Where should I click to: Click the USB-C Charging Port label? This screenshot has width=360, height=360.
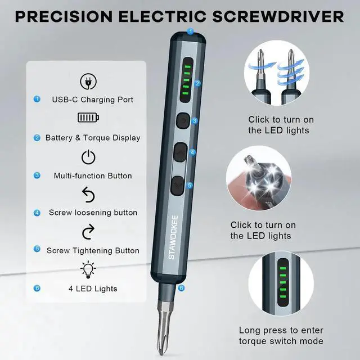tap(93, 100)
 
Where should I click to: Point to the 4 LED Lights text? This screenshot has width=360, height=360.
tap(93, 289)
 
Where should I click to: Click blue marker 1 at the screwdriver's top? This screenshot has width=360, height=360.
tap(190, 31)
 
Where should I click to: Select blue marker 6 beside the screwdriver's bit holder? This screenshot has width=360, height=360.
tap(181, 287)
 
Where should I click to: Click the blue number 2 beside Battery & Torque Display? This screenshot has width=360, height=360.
tap(37, 137)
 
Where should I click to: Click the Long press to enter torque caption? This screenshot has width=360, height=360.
tap(281, 336)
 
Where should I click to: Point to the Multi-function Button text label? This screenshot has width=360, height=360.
tap(93, 175)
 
